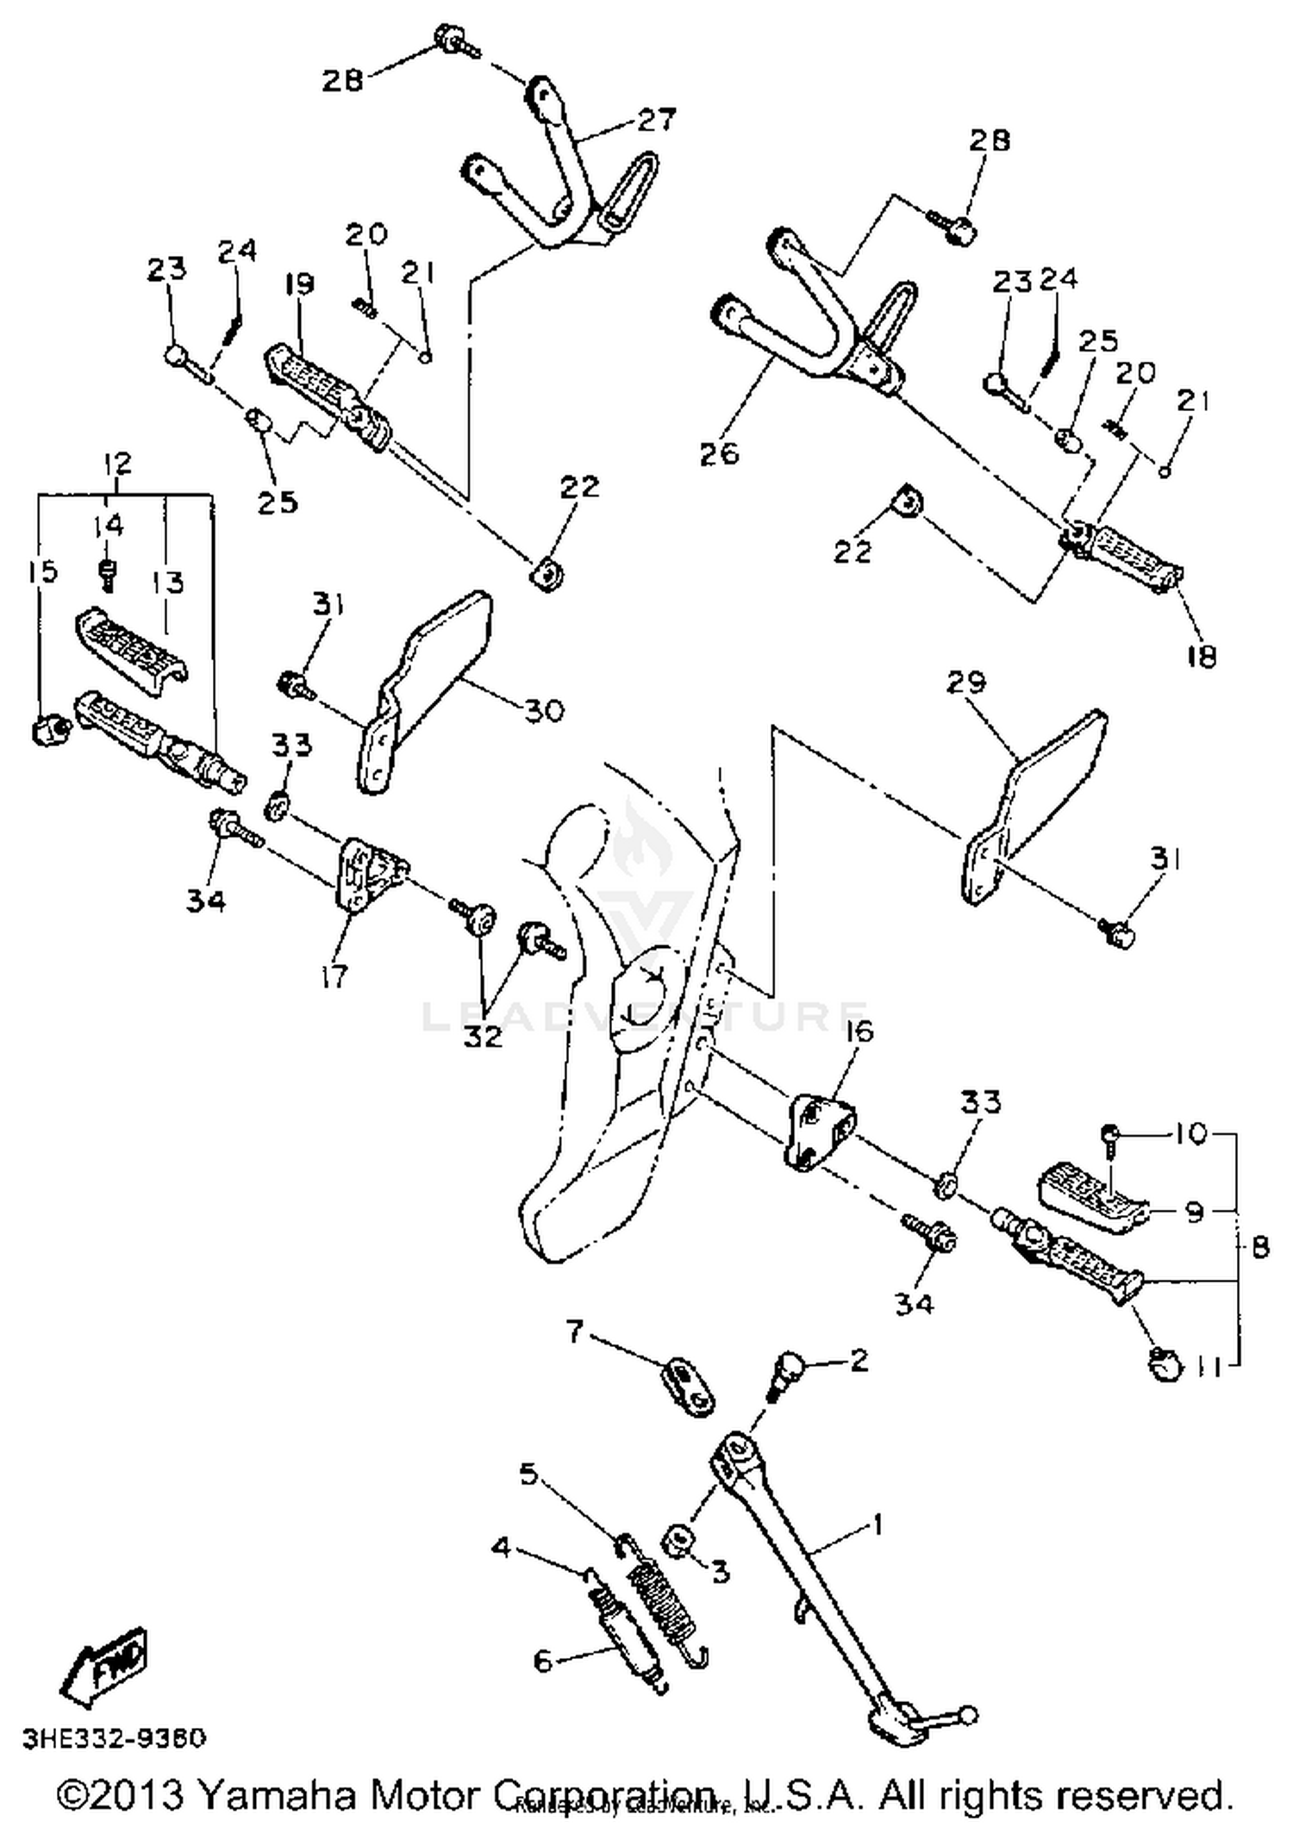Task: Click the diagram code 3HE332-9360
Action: tap(115, 1738)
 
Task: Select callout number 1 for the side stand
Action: tap(878, 1525)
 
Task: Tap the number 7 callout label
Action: tap(576, 1331)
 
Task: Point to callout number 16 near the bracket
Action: tap(859, 1031)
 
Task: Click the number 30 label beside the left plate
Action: tap(545, 711)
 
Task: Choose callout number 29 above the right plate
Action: tap(965, 683)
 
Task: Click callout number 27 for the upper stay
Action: tap(657, 120)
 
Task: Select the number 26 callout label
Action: tap(720, 452)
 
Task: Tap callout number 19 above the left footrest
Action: tap(299, 284)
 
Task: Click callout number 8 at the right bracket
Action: tap(1259, 1247)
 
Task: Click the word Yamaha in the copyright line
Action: tap(278, 1795)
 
